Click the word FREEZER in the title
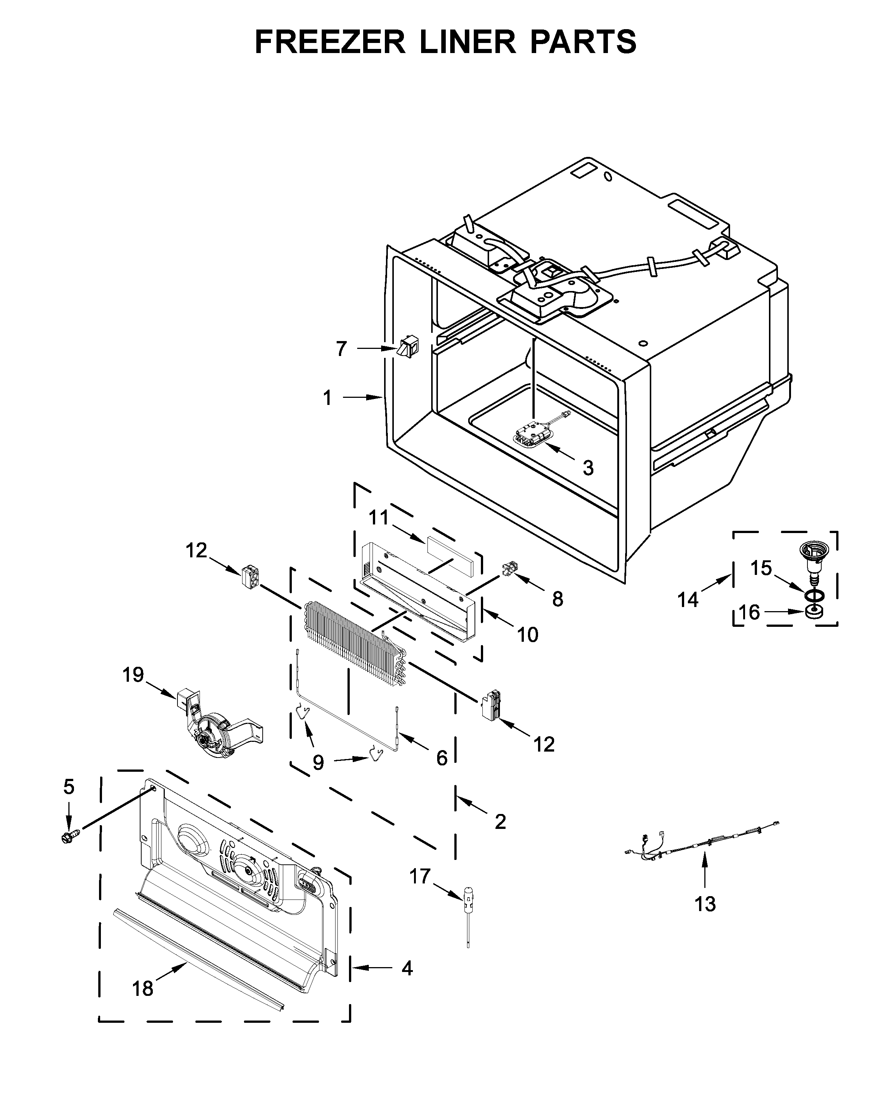coord(330,42)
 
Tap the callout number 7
coord(341,349)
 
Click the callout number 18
coord(142,989)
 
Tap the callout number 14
coord(688,599)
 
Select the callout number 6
coord(442,758)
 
